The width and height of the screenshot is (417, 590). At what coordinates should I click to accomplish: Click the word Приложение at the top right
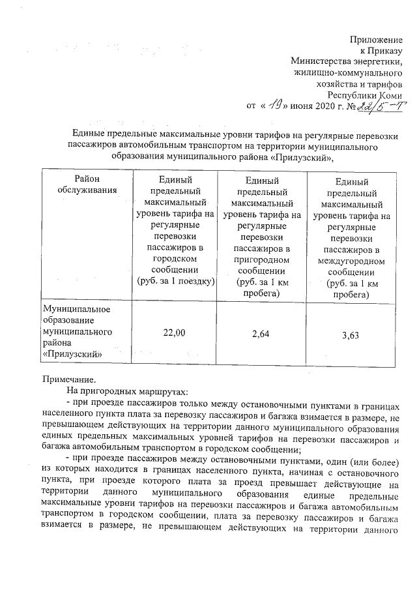coord(377,40)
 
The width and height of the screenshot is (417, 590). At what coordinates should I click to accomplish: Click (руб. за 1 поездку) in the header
coord(174,281)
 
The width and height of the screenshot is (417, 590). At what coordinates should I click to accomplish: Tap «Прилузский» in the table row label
coord(71,355)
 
